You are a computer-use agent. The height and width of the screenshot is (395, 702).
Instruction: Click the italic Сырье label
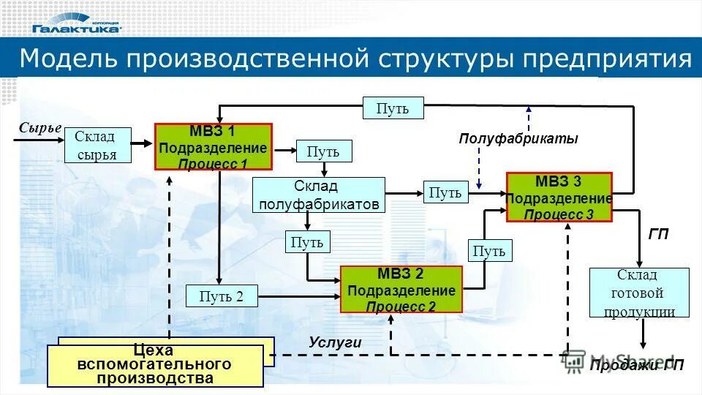tap(40, 128)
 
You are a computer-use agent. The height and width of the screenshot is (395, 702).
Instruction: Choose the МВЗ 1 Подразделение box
tap(213, 147)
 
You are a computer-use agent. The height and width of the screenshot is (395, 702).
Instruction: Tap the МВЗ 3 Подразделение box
tap(559, 197)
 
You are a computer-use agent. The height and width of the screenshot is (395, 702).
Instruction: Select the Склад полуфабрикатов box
tap(319, 195)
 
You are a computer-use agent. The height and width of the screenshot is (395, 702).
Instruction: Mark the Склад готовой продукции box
tap(639, 293)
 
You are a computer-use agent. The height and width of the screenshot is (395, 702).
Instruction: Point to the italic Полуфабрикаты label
tap(518, 139)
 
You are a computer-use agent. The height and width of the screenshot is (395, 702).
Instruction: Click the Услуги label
tap(335, 342)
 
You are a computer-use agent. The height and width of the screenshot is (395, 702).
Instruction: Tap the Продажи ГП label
tap(637, 366)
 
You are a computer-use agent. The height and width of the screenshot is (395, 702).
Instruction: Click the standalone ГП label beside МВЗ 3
tap(659, 236)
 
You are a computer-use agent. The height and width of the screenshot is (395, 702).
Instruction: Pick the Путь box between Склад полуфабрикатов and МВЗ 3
tap(445, 192)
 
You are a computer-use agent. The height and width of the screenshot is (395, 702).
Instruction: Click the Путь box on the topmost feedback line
tap(393, 108)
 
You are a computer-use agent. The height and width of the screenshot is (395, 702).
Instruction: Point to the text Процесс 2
tap(401, 306)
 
